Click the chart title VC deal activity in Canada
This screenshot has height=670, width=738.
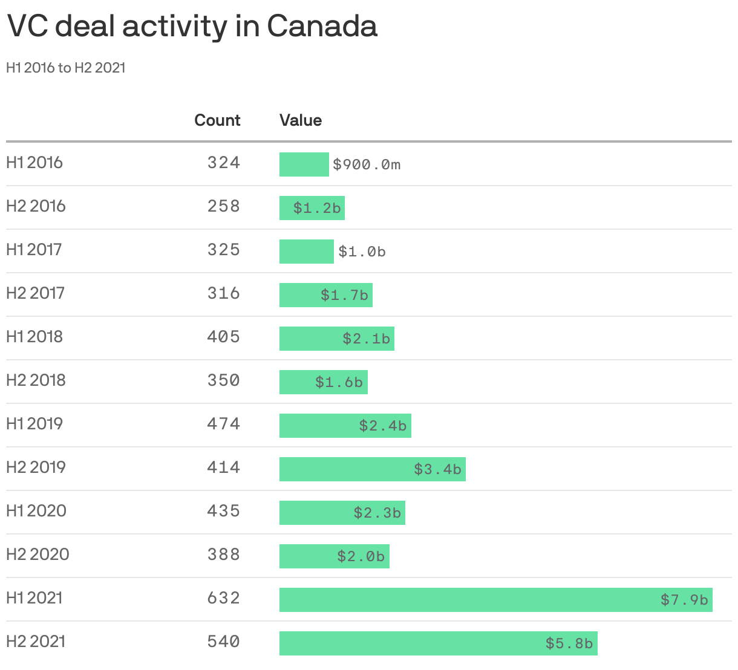point(192,27)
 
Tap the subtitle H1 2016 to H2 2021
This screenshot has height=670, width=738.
point(66,68)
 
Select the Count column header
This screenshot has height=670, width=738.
point(217,120)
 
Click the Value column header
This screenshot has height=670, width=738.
point(300,120)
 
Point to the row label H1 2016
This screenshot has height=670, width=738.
point(34,163)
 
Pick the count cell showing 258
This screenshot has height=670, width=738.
point(223,206)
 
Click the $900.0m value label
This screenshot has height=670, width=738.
point(367,164)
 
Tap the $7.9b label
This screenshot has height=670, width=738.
point(684,600)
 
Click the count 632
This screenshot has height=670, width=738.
point(223,598)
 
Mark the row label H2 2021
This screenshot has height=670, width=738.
point(36,642)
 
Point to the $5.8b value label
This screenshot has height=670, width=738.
point(569,643)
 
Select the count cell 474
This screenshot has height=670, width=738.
point(223,424)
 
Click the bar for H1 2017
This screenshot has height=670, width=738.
point(306,252)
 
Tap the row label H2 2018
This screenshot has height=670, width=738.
point(36,380)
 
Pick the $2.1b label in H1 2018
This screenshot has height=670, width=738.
point(366,339)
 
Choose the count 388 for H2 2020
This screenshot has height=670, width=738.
point(223,555)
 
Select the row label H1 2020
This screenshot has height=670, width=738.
point(36,511)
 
